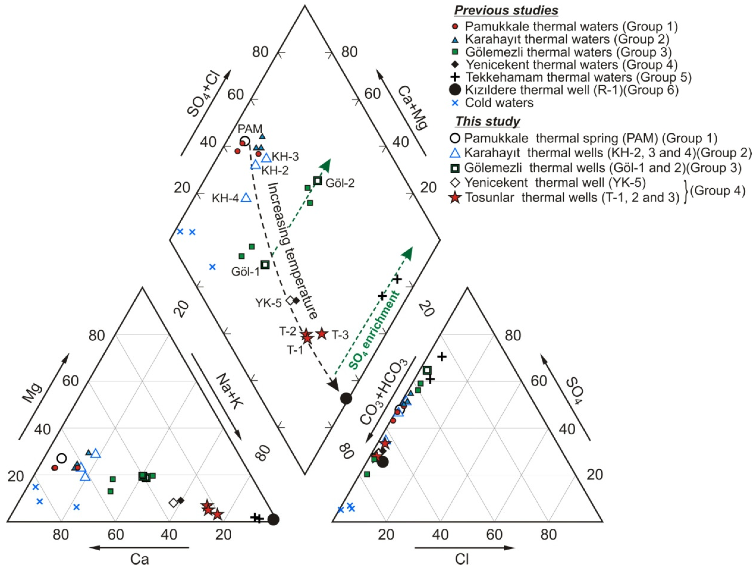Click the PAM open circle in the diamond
coord(245,141)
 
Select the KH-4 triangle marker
coord(246,198)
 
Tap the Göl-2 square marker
coord(317,181)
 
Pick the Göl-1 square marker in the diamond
coord(265,265)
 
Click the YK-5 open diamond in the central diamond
coord(290,301)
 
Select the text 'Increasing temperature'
coord(292,250)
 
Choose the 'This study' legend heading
coord(487,121)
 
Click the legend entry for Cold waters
coord(499,103)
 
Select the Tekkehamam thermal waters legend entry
coord(578,77)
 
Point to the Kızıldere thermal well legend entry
coord(571,90)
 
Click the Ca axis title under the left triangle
coord(139,559)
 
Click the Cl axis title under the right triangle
coord(462,559)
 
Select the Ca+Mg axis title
coord(413,108)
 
